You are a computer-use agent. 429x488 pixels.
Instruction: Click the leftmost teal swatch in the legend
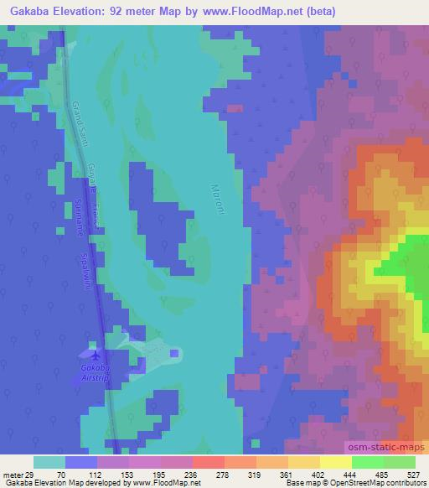pos(49,462)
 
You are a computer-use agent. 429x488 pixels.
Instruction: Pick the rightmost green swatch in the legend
pos(399,462)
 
